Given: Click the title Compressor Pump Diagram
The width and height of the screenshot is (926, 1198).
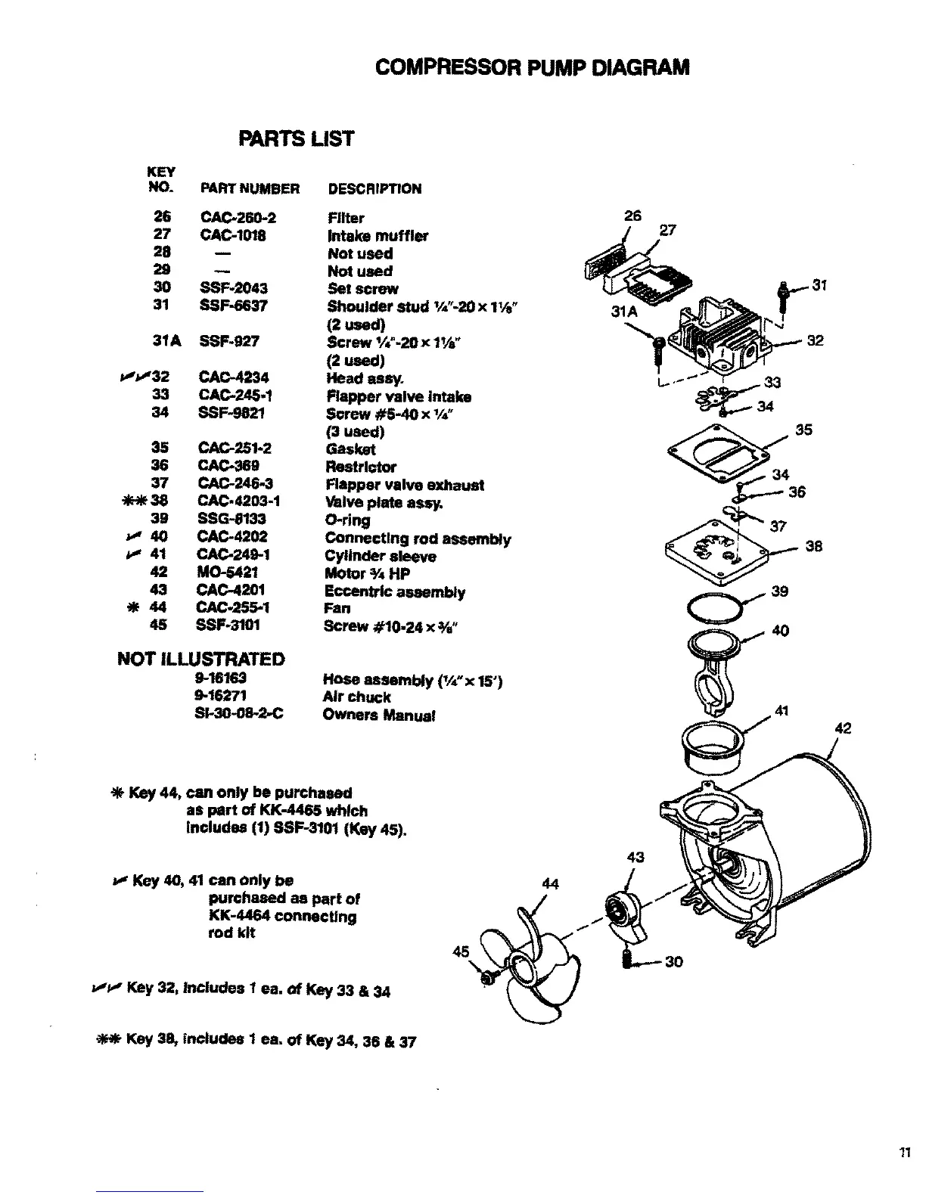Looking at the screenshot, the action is point(532,67).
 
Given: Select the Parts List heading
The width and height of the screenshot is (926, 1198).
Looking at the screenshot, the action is point(296,139).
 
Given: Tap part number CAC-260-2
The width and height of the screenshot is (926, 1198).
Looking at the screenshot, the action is point(239,218).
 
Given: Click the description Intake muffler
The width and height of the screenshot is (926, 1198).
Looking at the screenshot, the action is point(378,236).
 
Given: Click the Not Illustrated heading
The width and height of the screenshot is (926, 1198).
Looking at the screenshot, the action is point(201,659).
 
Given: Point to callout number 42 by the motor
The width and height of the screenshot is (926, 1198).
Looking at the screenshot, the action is point(843,728).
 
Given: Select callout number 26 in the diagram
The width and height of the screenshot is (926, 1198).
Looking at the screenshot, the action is point(632,216).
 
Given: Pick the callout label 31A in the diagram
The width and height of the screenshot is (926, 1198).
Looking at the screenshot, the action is point(624,311).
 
